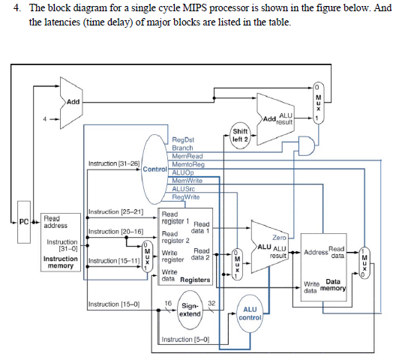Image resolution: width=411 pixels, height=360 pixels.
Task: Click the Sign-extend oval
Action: click(189, 310)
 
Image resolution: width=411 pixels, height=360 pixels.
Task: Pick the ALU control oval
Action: click(248, 313)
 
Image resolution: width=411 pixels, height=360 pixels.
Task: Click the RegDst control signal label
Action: click(183, 140)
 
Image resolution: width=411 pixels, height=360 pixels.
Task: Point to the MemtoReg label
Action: click(188, 163)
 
